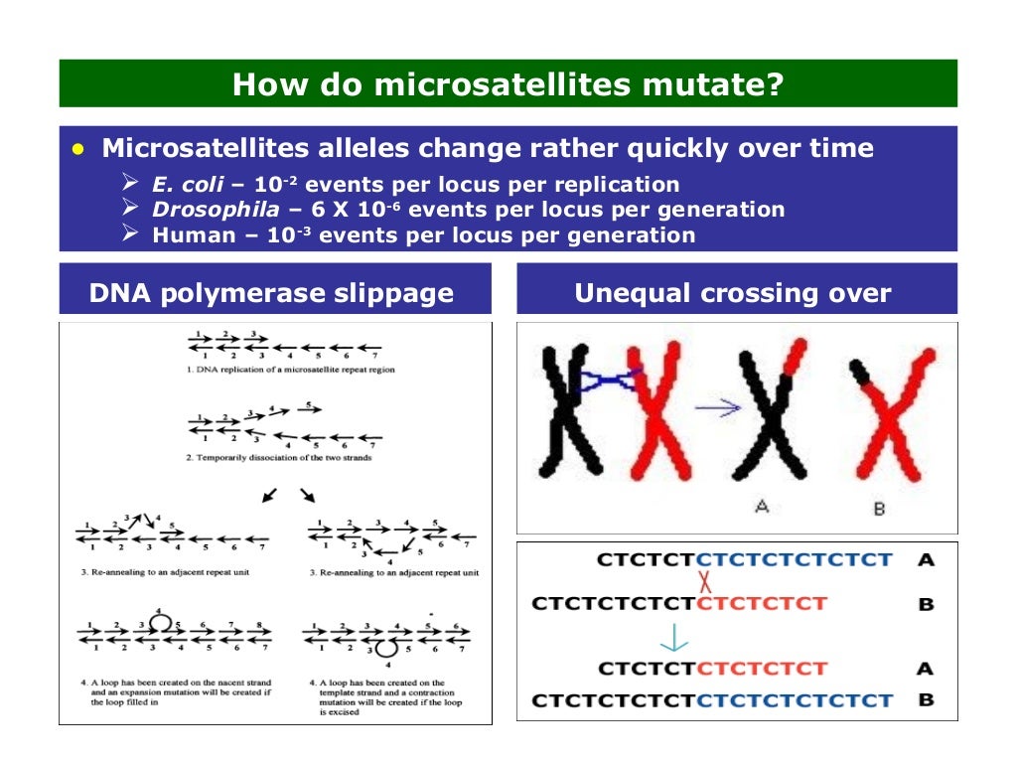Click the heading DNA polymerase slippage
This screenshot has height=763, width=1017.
click(271, 293)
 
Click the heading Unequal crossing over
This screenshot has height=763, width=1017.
click(733, 293)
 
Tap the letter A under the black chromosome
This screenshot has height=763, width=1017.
click(762, 507)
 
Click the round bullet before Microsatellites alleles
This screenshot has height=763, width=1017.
click(78, 149)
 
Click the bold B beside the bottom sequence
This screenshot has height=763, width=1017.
click(926, 699)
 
